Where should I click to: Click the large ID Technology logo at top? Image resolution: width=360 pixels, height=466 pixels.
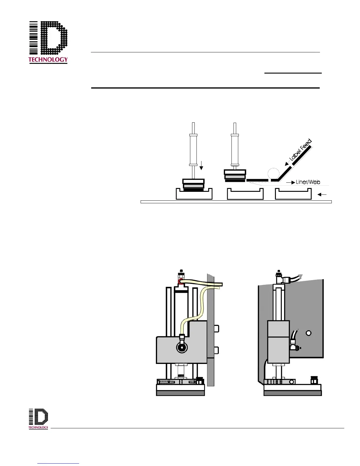click(48, 42)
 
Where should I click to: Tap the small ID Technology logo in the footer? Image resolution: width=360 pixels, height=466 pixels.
click(38, 418)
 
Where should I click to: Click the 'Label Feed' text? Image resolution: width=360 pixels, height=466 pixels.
click(300, 150)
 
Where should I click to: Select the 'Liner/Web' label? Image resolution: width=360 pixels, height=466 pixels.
click(308, 182)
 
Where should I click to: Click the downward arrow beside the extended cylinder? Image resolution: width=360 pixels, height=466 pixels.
click(201, 165)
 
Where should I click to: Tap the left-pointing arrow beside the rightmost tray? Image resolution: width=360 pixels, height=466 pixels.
click(322, 194)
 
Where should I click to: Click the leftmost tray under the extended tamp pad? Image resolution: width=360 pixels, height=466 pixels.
click(194, 194)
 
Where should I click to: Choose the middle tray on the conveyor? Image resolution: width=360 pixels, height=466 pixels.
click(245, 194)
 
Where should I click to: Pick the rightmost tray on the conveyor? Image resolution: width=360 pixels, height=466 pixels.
click(293, 194)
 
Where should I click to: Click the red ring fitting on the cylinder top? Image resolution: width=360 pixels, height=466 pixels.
click(180, 282)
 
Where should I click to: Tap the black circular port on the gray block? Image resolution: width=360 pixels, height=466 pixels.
click(182, 347)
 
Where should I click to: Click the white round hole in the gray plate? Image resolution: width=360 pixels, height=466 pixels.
click(309, 333)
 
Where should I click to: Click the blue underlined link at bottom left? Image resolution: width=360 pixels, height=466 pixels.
click(58, 463)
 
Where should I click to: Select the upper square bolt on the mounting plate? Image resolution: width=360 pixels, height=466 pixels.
click(216, 328)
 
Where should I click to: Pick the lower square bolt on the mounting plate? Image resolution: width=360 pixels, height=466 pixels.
click(216, 350)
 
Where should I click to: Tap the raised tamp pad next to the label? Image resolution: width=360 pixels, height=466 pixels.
click(235, 175)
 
